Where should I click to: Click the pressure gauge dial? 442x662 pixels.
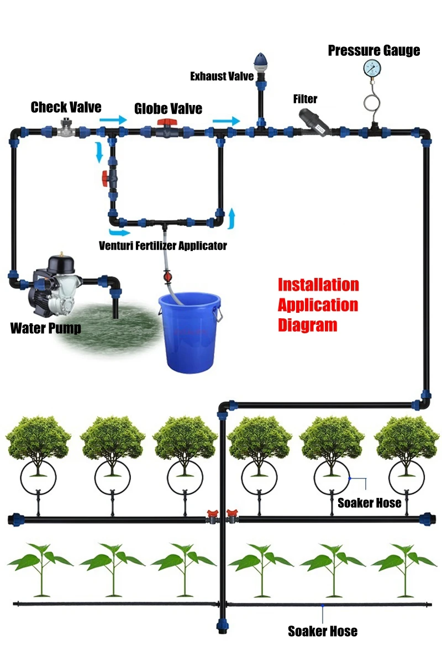(x=372, y=68)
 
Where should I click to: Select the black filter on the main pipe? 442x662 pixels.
(x=313, y=123)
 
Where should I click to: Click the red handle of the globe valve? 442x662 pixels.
(x=167, y=123)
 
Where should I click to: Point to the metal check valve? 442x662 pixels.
(x=65, y=128)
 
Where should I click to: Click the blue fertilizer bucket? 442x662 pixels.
(x=190, y=332)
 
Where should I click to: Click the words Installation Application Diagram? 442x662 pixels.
(x=318, y=305)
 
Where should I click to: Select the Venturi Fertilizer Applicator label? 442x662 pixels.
(x=162, y=245)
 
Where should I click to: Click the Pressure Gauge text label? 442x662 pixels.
(x=374, y=51)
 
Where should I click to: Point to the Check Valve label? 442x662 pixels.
(x=66, y=107)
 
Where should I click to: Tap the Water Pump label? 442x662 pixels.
(x=46, y=328)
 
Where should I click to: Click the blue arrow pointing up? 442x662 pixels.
(x=231, y=218)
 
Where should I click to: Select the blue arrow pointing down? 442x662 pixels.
(x=99, y=152)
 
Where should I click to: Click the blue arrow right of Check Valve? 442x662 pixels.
(x=113, y=120)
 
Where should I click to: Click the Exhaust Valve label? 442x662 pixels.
(x=222, y=76)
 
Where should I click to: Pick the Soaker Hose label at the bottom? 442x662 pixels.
(x=323, y=631)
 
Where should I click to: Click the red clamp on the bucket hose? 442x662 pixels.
(x=167, y=277)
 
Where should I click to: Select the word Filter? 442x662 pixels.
(x=305, y=99)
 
